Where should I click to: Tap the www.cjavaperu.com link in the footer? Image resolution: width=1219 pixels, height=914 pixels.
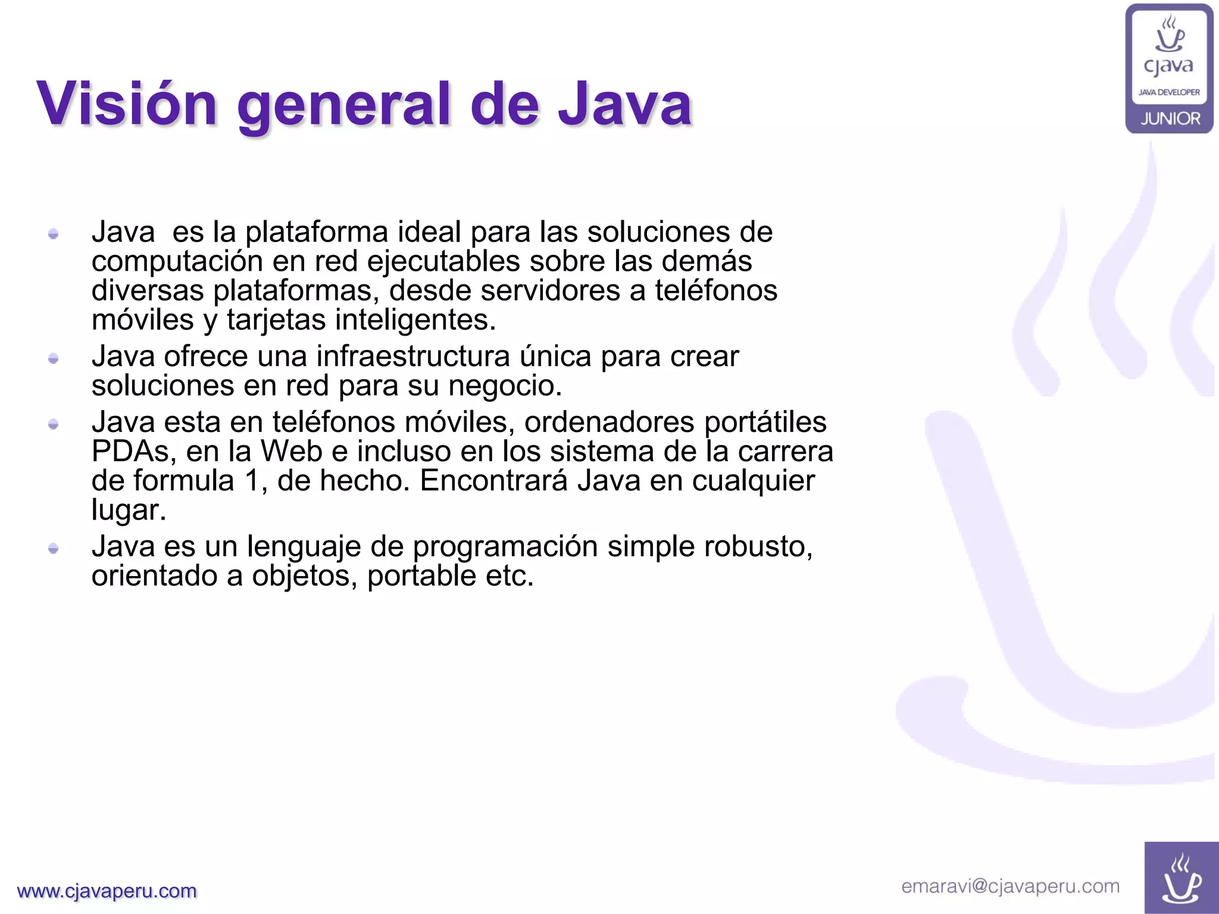[x=107, y=891]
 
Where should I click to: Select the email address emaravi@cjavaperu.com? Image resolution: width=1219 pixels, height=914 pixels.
[x=1010, y=887]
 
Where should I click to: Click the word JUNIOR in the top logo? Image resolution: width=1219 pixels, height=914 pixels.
[x=1170, y=119]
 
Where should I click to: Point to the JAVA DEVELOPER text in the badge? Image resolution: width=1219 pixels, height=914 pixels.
[x=1170, y=92]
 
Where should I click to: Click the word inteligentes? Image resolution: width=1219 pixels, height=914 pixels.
[x=415, y=320]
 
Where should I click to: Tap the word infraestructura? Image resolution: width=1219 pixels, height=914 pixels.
[x=413, y=356]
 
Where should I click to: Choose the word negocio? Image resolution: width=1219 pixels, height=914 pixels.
[x=505, y=386]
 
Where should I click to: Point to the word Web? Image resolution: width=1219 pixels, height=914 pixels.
[x=292, y=451]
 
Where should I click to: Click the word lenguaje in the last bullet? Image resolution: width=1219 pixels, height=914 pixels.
[x=304, y=547]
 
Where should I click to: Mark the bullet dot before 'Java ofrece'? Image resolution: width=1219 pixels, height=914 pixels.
[x=54, y=358]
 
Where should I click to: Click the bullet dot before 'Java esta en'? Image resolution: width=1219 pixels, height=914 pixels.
[x=54, y=424]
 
